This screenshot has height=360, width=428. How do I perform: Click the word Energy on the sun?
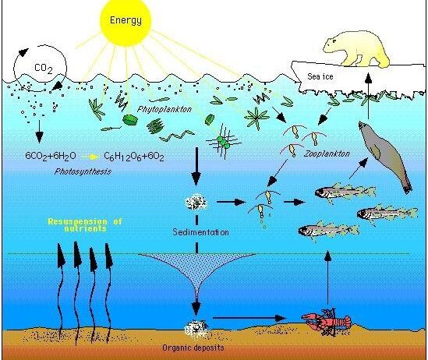pos(126,20)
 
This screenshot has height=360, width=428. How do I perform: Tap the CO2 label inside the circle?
pos(44,68)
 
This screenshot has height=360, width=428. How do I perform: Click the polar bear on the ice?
pos(356,49)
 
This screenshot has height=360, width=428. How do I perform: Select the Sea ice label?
pos(320,76)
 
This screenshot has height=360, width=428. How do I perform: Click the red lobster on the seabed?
pos(326,322)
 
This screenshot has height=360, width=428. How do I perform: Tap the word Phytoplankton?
pos(164,110)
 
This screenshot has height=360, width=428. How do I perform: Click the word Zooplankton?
pos(327,154)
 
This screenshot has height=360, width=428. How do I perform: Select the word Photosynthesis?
pos(83,171)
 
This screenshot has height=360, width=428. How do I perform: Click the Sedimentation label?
pos(200,232)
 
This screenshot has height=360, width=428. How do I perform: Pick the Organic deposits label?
pos(193,348)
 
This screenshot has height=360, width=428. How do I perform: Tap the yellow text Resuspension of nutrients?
pos(85,224)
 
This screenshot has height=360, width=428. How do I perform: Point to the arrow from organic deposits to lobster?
pos(249,318)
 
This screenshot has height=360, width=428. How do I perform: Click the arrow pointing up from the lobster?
pos(328,277)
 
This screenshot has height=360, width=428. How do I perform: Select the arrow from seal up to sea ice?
pos(369,95)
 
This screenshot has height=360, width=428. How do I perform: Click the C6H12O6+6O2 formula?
pos(134,157)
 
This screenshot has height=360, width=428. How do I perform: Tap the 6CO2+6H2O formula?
pos(51,156)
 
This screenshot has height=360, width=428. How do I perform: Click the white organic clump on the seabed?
pos(196,328)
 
